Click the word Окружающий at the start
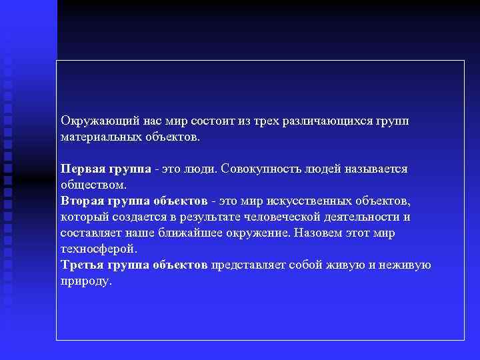(x=99, y=121)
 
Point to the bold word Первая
(x=81, y=169)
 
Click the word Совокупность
(x=264, y=169)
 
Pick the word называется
(x=374, y=169)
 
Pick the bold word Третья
(x=80, y=265)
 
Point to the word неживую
(x=407, y=265)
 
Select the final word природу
(x=86, y=281)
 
